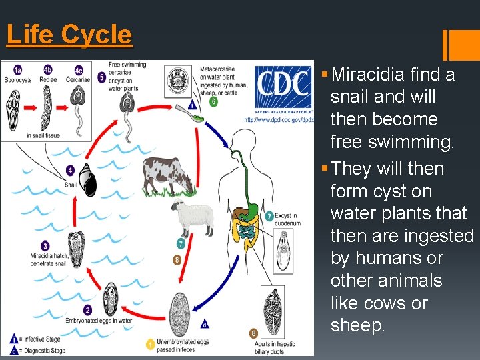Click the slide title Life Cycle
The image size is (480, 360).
tap(69, 35)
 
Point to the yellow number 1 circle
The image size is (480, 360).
tap(151, 344)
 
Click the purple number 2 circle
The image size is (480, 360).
tap(87, 310)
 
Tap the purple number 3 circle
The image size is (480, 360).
tap(45, 246)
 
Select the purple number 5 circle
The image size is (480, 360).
tap(101, 77)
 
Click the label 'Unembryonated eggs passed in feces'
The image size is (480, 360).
tap(183, 346)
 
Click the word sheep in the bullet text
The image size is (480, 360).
tap(357, 326)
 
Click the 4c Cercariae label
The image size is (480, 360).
tap(79, 73)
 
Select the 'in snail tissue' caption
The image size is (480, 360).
tap(43, 135)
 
